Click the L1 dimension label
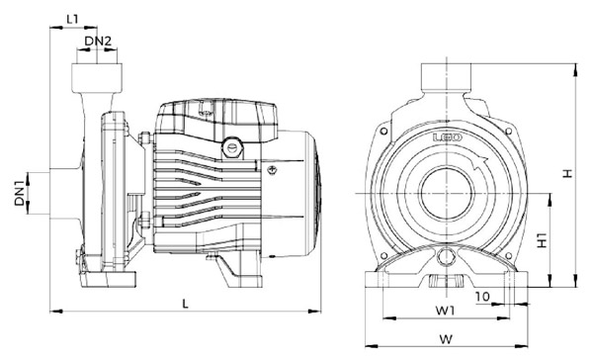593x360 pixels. [72, 19]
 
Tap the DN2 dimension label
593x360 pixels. [98, 41]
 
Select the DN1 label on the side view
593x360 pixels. [21, 193]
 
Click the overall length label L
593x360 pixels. [185, 304]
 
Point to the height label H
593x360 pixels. [567, 174]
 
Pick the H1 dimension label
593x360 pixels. [543, 239]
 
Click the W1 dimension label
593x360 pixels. [445, 311]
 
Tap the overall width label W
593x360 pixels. [447, 339]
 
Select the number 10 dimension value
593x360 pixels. [482, 297]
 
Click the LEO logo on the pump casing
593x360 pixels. [448, 137]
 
